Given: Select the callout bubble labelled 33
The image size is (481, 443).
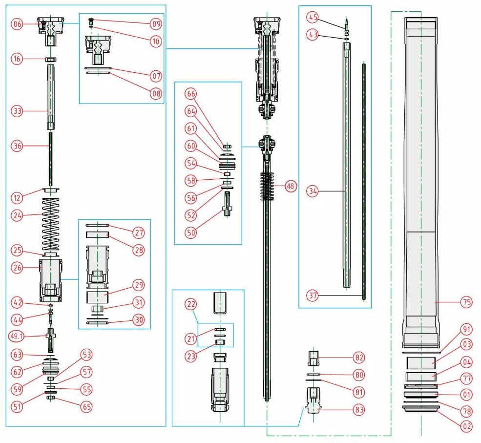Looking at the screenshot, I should [x=18, y=111].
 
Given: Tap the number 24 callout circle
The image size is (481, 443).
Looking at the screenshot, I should [x=18, y=214].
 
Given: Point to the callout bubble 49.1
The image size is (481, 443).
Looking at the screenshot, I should [x=18, y=336].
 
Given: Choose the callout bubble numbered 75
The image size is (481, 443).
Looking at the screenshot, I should [x=466, y=302].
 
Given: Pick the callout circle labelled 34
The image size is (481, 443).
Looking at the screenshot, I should [x=313, y=192].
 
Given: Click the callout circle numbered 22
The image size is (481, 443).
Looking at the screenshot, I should [x=191, y=304].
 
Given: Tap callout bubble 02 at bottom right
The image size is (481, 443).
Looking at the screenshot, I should [x=466, y=426].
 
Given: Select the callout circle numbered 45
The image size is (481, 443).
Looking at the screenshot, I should [x=313, y=18].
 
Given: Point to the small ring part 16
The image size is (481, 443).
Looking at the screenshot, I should [x=51, y=59].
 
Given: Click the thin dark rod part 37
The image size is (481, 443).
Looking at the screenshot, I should [x=363, y=181].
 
